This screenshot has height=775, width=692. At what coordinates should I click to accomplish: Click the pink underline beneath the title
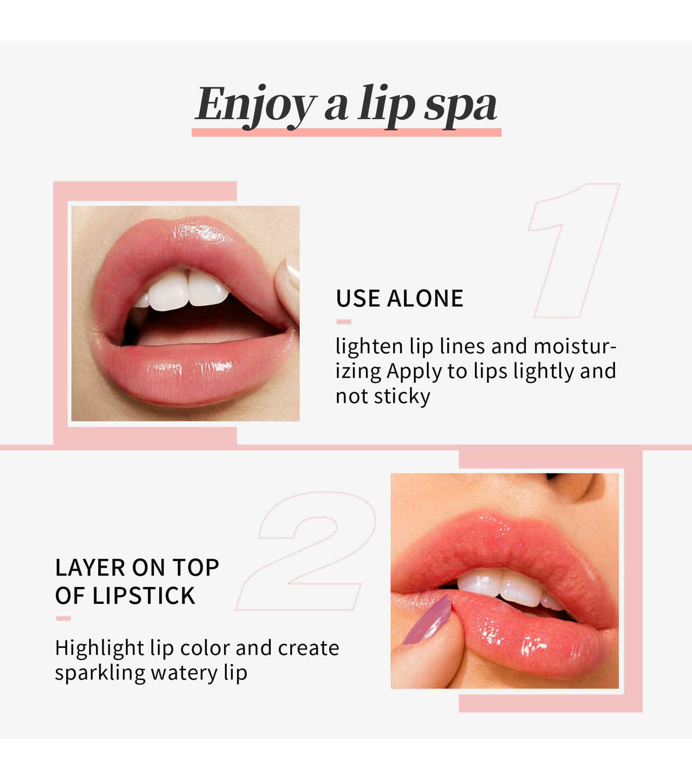346,132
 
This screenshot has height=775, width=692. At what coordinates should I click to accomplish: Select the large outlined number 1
573,251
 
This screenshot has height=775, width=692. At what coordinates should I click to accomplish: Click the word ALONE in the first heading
425,298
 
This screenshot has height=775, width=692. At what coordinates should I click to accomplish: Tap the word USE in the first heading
358,298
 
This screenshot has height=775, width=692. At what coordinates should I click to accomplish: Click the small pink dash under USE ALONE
344,322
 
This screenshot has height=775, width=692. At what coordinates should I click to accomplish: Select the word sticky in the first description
401,397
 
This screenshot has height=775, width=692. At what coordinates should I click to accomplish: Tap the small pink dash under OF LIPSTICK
63,618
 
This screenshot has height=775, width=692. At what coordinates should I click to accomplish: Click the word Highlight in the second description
99,649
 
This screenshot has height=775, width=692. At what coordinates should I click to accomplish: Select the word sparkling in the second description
100,674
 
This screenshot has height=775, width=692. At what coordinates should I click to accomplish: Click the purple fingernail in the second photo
428,620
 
